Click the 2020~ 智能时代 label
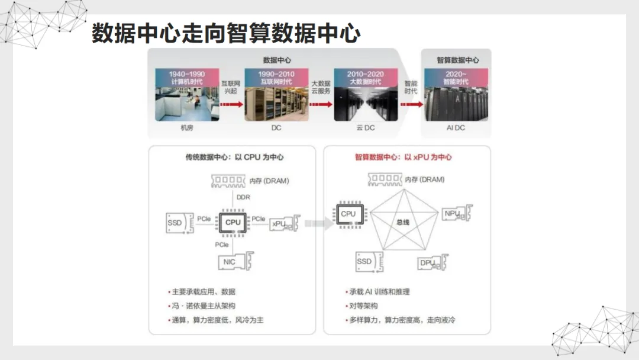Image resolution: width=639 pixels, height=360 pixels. (456, 78)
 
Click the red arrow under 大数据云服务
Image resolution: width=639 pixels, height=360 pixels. (320, 104)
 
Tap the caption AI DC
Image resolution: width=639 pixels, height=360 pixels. (456, 128)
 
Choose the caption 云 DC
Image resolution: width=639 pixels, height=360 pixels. (366, 128)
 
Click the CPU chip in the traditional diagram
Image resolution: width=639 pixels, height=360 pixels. (233, 222)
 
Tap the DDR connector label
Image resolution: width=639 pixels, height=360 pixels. (243, 197)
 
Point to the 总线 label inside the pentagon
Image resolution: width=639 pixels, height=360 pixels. (403, 222)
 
